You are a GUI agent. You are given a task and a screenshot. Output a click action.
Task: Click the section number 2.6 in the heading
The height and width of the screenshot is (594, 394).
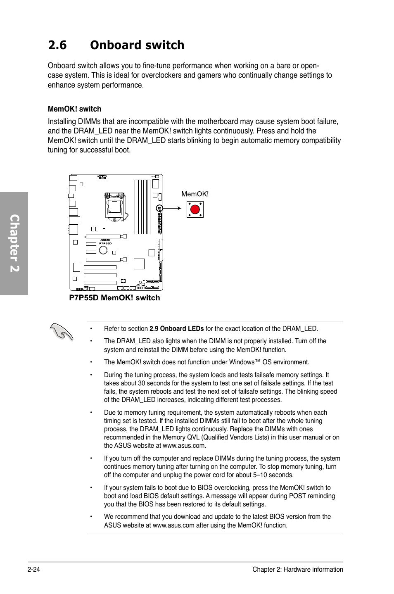57,45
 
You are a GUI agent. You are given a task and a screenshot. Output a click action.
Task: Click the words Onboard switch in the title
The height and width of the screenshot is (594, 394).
137,45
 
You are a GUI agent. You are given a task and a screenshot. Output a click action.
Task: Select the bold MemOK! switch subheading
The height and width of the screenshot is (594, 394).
74,109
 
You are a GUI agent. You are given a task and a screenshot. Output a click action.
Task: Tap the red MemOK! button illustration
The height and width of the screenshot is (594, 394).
195,209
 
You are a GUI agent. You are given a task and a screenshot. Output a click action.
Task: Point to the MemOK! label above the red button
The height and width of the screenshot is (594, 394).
195,194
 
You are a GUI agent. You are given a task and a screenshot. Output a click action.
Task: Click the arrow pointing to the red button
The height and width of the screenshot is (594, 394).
173,208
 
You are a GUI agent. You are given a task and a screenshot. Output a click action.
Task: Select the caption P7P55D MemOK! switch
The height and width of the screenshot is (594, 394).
114,298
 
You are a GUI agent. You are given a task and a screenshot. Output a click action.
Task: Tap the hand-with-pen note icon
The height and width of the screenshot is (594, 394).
61,331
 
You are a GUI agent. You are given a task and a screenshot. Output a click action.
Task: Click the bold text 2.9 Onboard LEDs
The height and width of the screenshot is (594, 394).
176,329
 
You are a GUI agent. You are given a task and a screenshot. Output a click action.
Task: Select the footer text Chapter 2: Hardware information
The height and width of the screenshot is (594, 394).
297,569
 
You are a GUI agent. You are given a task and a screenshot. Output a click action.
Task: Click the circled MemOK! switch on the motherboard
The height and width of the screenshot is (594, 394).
159,208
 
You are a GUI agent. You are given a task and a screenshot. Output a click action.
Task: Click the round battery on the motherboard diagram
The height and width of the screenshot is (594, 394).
103,249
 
